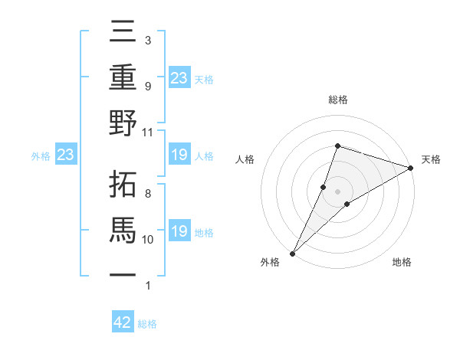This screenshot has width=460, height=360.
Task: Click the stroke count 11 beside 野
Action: tap(148, 132)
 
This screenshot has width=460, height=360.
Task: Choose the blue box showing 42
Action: tap(123, 322)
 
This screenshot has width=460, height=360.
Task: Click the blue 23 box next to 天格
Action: tap(179, 77)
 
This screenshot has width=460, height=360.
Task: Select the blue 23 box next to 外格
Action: tap(65, 155)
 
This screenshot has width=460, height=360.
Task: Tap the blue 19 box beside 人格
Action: tap(179, 155)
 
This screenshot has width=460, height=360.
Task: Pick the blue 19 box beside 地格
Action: tap(179, 231)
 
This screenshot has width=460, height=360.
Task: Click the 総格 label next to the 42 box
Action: tap(147, 324)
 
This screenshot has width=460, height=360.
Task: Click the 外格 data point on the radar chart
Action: tap(292, 253)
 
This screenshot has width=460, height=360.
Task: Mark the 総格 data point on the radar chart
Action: tap(337, 146)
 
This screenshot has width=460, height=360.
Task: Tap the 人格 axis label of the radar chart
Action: tap(245, 159)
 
